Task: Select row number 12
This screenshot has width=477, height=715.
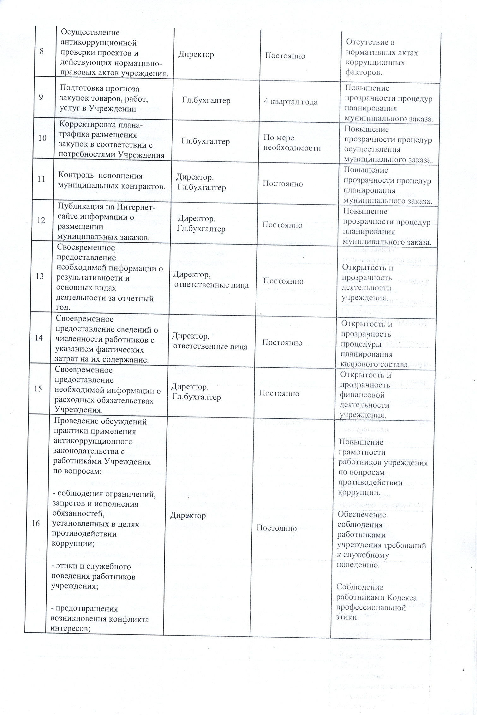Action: (x=41, y=220)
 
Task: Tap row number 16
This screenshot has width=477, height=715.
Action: (x=36, y=523)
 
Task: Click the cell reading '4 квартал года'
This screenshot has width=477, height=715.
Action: (x=290, y=102)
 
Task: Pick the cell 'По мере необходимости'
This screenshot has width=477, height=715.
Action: (x=292, y=143)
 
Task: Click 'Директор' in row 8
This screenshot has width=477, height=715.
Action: (x=196, y=55)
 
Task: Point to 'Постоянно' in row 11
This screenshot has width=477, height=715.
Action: (x=283, y=184)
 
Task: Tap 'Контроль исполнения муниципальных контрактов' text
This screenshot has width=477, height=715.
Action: (x=111, y=181)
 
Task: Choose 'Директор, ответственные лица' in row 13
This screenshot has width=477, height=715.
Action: (x=210, y=280)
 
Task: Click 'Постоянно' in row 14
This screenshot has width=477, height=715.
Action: (x=282, y=342)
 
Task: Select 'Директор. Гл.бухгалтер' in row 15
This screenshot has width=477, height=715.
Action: (x=196, y=392)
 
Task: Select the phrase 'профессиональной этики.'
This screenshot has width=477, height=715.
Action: (x=371, y=612)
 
